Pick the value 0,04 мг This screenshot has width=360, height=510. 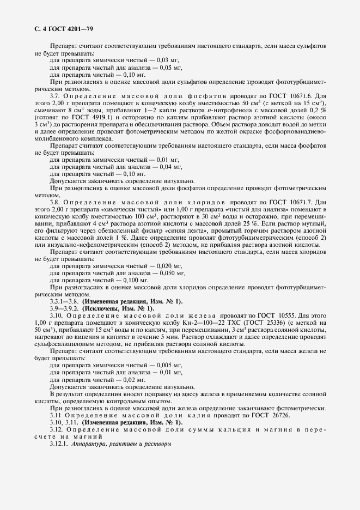coord(168,166)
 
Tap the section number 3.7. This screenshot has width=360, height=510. coord(55,95)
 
